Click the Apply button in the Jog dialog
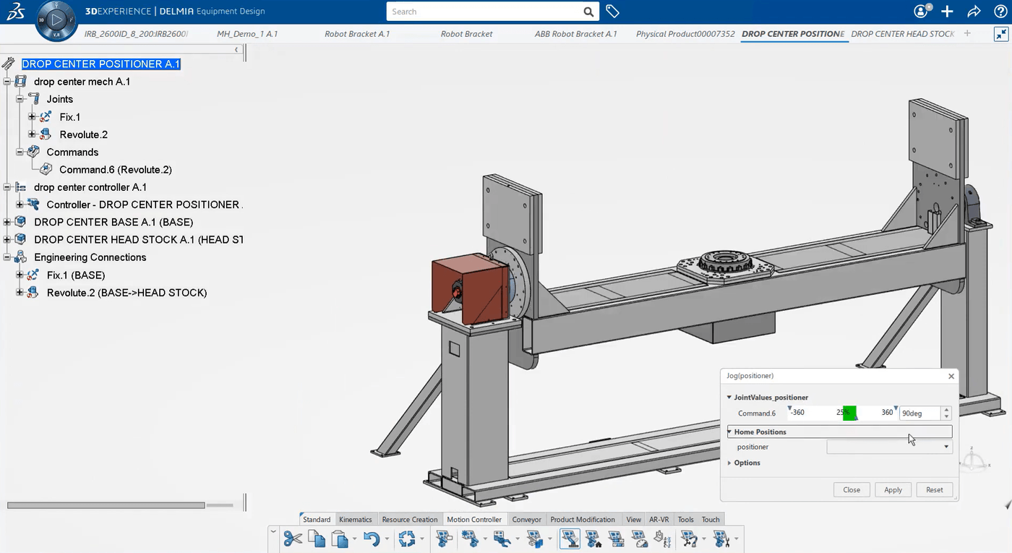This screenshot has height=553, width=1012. pos(893,489)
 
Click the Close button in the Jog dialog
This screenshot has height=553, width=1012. pos(852,489)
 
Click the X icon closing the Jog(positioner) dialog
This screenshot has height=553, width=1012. pos(951,376)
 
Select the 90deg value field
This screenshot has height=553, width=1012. pos(919,413)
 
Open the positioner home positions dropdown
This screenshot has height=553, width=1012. pos(945,447)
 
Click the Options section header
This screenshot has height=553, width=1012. pos(747,463)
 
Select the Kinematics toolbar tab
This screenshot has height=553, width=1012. pos(356,519)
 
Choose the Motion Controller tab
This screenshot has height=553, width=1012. pos(474,519)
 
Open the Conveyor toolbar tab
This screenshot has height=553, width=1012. pos(526,519)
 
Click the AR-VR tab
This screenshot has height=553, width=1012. pos(659,519)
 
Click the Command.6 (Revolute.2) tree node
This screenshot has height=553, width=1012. pos(115,170)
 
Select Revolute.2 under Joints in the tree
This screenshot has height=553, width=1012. pos(83,134)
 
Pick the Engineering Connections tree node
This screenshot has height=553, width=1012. pos(90,257)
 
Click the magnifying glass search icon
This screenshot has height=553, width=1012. pos(589,12)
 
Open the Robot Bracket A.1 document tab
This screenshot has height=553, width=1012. pos(357,34)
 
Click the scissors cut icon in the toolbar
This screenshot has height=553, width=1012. pos(293,539)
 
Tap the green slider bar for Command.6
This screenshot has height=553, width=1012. pos(849,413)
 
